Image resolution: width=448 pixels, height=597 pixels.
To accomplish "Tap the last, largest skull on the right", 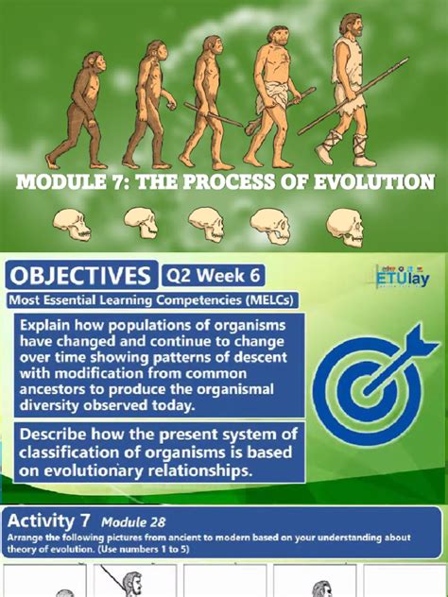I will pos(343,224).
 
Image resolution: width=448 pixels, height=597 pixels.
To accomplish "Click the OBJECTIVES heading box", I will pos(80,276).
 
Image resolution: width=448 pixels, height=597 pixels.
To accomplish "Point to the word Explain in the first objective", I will pos(51,325).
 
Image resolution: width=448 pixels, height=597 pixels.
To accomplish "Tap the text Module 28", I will pos(133,521).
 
